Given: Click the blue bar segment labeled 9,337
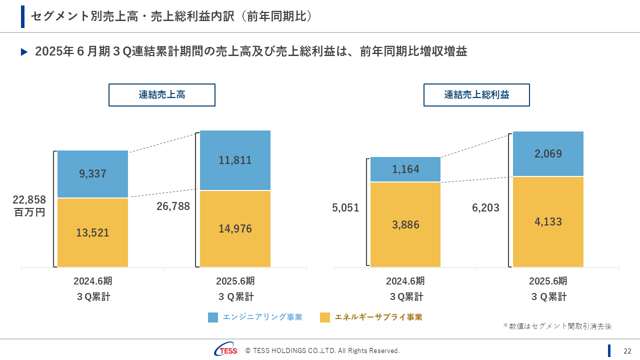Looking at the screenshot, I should [x=92, y=174].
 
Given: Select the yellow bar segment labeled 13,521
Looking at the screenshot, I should [x=92, y=232].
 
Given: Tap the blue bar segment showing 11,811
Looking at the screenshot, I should [x=235, y=160].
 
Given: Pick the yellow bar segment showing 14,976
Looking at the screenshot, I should [x=235, y=229].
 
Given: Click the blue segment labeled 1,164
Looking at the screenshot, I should [x=405, y=169].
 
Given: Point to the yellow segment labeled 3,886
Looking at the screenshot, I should [x=405, y=224].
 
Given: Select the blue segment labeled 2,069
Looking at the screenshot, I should [x=548, y=154].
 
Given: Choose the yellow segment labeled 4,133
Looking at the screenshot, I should [x=548, y=221].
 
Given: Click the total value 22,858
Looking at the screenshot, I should [x=29, y=200].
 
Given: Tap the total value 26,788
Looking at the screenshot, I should [x=173, y=206].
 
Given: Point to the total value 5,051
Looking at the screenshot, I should [x=345, y=207].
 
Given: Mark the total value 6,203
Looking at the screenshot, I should [x=485, y=207].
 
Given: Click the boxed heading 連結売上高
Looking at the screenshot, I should [x=162, y=95].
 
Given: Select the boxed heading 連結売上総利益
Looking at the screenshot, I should [x=476, y=95].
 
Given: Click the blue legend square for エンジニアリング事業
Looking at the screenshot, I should [x=213, y=317].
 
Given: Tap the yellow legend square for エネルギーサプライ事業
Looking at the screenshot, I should [x=325, y=317].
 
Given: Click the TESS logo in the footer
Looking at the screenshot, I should [x=226, y=350].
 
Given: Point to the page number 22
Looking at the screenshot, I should [x=627, y=350].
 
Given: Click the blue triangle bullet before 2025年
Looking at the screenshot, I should [x=24, y=52].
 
